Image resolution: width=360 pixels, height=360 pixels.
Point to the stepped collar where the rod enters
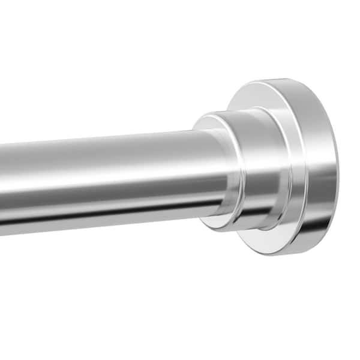click(240, 171)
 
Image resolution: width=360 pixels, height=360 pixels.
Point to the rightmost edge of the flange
click(338, 168)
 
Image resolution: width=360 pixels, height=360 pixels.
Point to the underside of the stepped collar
click(240, 228)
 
